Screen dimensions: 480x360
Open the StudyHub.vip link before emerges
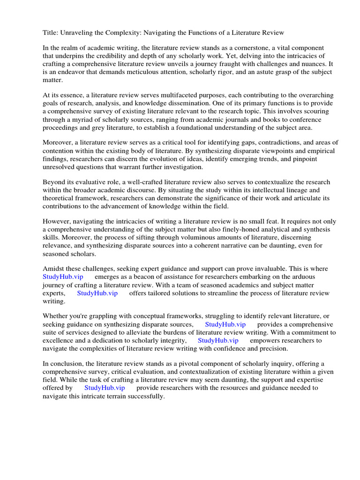[63, 277]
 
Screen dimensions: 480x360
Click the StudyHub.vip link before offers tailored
[97, 293]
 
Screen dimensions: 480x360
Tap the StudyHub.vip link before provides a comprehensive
[225, 324]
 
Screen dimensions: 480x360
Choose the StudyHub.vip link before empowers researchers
[217, 340]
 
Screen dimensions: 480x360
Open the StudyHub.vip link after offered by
[105, 388]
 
